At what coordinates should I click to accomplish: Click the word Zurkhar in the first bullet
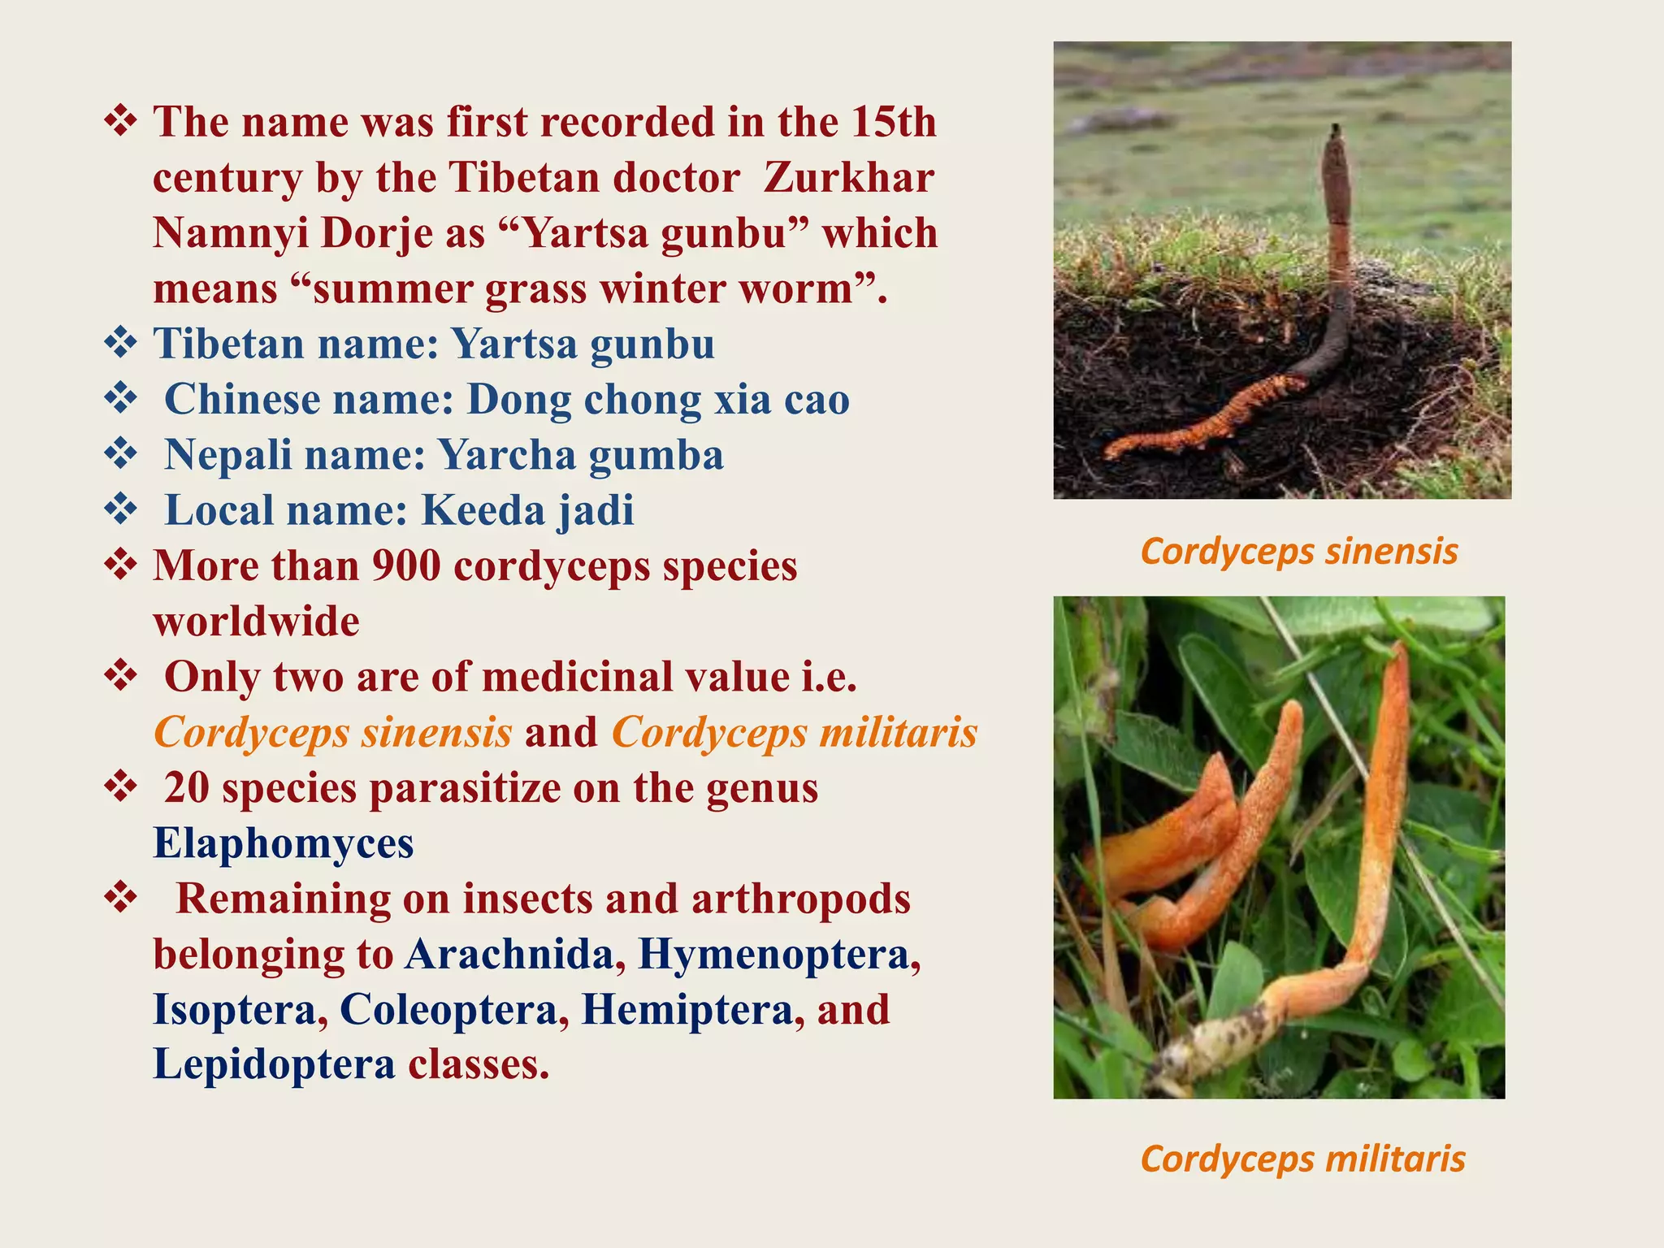pyautogui.click(x=848, y=178)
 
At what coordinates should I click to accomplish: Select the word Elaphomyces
pyautogui.click(x=284, y=843)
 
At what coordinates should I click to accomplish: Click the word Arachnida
pyautogui.click(x=509, y=954)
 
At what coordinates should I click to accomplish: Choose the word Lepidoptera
pyautogui.click(x=274, y=1064)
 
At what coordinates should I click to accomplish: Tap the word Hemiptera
pyautogui.click(x=687, y=1009)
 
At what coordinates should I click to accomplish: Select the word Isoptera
pyautogui.click(x=235, y=1009)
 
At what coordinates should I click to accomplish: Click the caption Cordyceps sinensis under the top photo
pyautogui.click(x=1299, y=551)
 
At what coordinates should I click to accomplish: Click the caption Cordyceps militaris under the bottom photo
pyautogui.click(x=1302, y=1159)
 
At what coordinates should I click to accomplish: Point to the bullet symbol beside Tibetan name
pyautogui.click(x=120, y=343)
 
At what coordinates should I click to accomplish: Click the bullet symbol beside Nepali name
pyautogui.click(x=120, y=454)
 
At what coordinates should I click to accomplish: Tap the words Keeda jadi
pyautogui.click(x=527, y=511)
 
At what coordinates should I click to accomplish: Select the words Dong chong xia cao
pyautogui.click(x=658, y=400)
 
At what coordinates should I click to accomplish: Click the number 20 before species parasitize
pyautogui.click(x=186, y=788)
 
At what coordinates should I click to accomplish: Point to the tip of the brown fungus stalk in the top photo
pyautogui.click(x=1336, y=130)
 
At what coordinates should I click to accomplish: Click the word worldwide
pyautogui.click(x=256, y=622)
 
